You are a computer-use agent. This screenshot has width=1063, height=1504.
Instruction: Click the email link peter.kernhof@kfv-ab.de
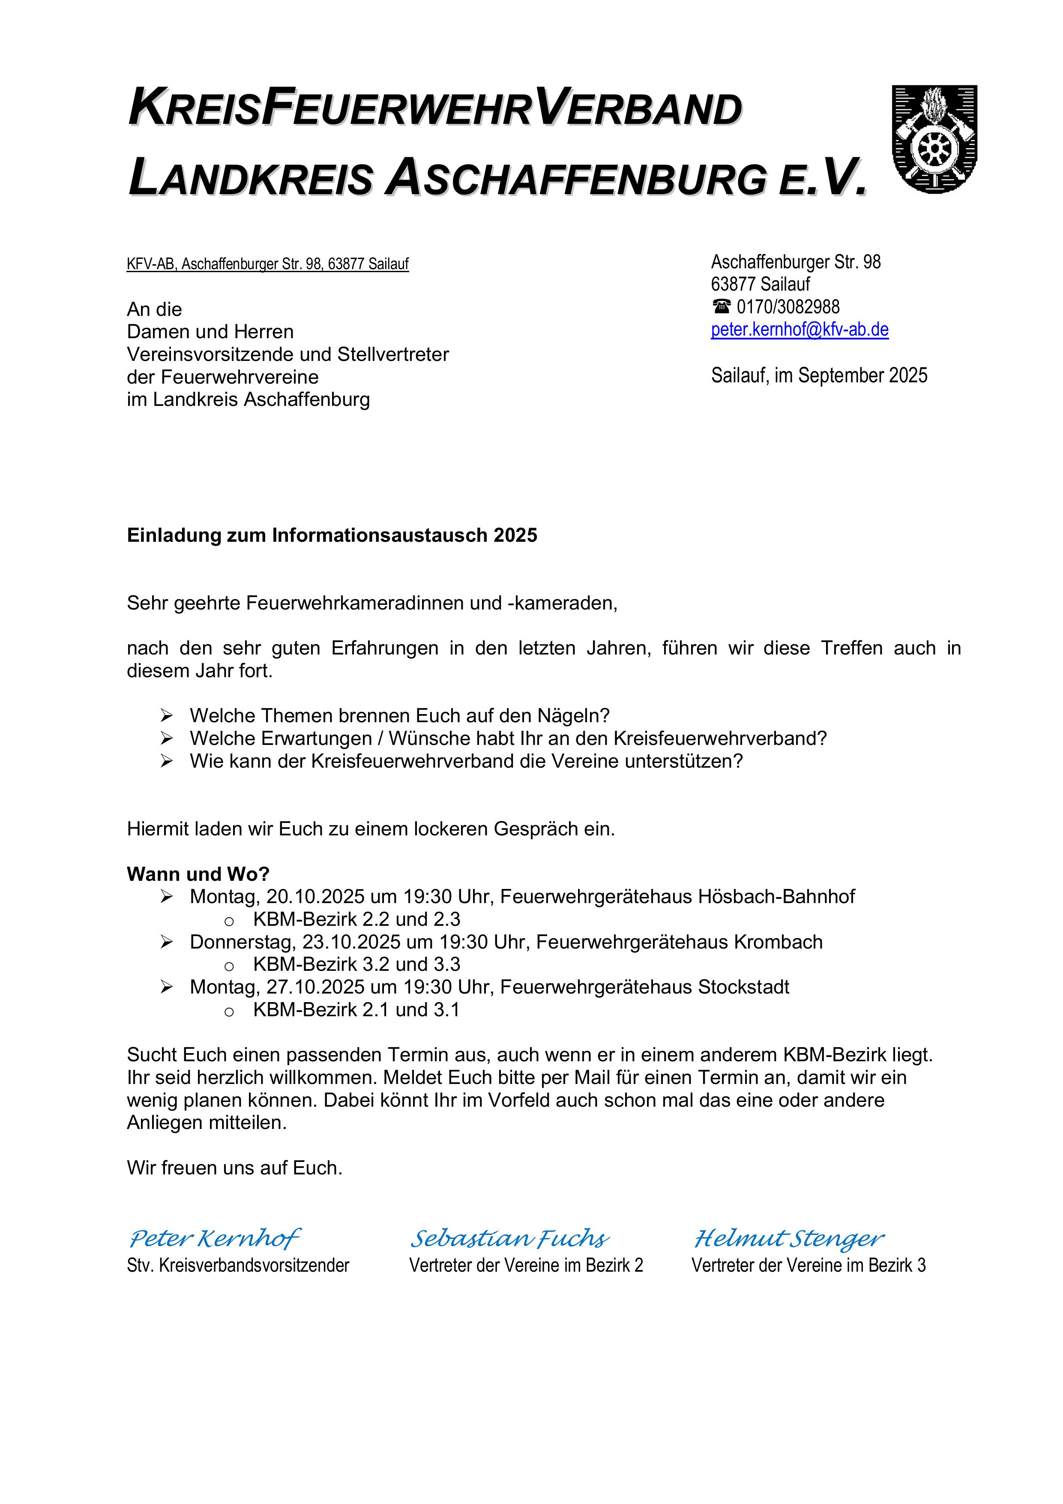(x=799, y=330)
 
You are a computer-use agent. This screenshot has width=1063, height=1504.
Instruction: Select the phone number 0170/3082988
(x=788, y=306)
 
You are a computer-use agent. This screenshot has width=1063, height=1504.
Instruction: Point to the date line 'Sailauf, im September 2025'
(x=819, y=375)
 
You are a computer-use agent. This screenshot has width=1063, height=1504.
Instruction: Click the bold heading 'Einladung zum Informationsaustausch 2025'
(x=332, y=535)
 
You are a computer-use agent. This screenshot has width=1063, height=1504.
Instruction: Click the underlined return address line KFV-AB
(x=267, y=264)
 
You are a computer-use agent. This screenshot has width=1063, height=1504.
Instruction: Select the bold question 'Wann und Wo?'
(x=198, y=874)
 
